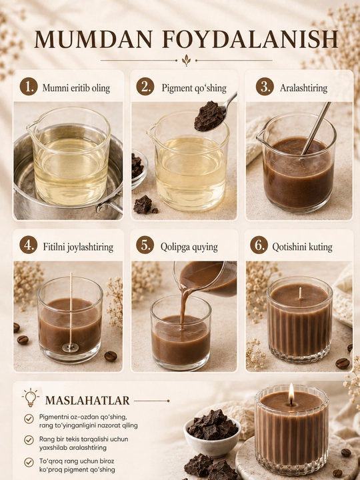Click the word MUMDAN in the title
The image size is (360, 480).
pos(93,39)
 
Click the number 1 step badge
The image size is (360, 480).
pos(29,87)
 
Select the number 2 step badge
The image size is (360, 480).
pos(145,87)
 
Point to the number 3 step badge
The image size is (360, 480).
pos(265,87)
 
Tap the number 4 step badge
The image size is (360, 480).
pos(29,245)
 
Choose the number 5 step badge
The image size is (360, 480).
pos(145,245)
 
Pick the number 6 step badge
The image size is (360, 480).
pos(259,245)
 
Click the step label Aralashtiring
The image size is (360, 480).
pos(303,89)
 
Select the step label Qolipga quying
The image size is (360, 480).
pos(189,247)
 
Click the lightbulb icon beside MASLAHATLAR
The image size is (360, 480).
pos(30,397)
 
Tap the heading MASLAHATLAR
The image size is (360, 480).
pos(87,401)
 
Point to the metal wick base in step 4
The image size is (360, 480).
pos(71,348)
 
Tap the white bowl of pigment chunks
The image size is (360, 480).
pos(212,434)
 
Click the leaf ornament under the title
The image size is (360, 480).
pos(186,60)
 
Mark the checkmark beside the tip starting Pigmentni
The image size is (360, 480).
pos(29,419)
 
